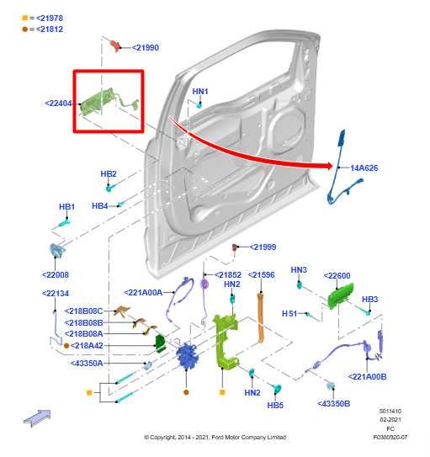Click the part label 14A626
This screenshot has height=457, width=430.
364,168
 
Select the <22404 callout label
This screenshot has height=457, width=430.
58,104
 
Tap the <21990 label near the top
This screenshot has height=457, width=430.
145,48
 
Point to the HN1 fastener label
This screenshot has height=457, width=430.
200,91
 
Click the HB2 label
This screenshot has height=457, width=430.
109,174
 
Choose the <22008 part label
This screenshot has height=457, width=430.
56,274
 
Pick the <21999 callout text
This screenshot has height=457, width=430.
263,247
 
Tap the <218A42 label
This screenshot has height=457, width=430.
88,345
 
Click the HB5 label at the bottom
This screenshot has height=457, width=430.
275,405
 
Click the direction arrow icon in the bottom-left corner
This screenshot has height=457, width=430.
37,417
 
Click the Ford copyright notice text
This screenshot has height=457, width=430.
215,437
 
